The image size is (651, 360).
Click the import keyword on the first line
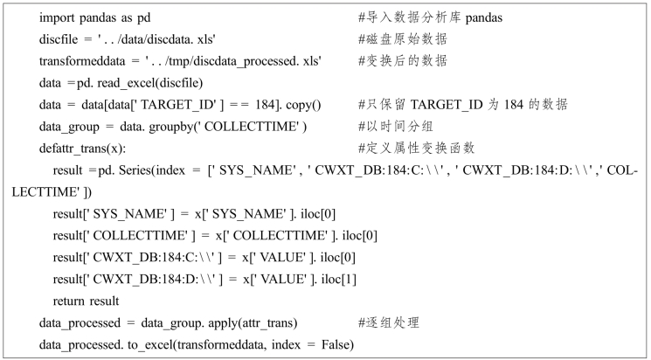pos(59,18)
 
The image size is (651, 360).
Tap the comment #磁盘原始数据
pos(402,39)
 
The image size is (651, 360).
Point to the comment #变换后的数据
pos(402,61)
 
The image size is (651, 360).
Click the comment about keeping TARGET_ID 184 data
pos(462,105)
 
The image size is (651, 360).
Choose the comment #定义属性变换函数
pos(414,149)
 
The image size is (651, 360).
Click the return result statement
pos(86,301)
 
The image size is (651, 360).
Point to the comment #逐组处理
pos(390,322)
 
